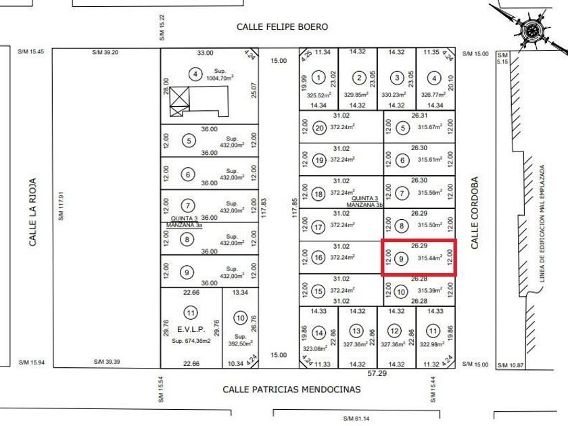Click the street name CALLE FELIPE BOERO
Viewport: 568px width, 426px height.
282,26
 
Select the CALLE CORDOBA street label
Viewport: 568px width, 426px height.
475,213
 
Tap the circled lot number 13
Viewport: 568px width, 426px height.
356,331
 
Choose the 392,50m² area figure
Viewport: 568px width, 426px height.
240,342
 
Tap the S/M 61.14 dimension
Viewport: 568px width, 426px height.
356,419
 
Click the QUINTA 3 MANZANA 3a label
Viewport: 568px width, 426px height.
184,222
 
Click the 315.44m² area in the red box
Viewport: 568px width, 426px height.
430,258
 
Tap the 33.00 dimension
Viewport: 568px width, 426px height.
205,53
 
